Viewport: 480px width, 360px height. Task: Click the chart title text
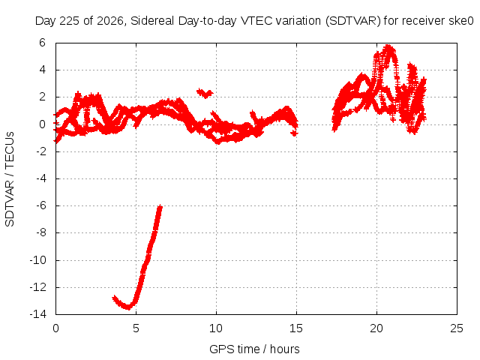point(254,21)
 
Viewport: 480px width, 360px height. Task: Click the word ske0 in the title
point(461,21)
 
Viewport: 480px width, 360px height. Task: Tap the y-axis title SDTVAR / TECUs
point(10,179)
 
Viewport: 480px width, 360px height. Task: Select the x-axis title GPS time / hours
point(254,349)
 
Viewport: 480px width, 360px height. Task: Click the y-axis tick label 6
point(42,43)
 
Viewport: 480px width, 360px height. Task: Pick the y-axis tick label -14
point(38,314)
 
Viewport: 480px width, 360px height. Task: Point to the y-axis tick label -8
point(40,232)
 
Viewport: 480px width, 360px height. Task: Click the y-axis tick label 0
point(42,124)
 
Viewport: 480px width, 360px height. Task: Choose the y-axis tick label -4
point(40,178)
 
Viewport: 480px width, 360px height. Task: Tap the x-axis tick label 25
point(457,328)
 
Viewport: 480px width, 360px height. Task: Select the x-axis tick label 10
point(216,328)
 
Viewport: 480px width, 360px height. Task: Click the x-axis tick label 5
point(136,328)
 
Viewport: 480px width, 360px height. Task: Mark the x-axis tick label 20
point(376,328)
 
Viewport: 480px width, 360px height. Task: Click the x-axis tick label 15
point(296,328)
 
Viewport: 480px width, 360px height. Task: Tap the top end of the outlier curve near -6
point(160,207)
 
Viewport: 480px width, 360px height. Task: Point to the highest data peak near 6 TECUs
point(388,46)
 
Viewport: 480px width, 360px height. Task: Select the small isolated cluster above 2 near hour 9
point(205,93)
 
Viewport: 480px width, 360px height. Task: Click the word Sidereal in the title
point(152,21)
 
